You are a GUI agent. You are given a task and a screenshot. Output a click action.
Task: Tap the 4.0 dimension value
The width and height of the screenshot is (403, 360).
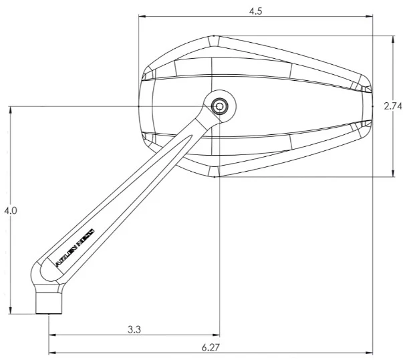(10, 210)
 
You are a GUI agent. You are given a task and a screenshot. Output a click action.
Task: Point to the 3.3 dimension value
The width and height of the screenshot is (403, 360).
(134, 329)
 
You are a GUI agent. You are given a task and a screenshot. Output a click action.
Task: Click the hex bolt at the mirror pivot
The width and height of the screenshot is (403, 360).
(219, 106)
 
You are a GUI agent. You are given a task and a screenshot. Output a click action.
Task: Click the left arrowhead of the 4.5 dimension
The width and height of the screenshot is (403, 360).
(141, 17)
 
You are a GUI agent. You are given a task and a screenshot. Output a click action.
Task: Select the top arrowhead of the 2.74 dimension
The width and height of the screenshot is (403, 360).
(393, 38)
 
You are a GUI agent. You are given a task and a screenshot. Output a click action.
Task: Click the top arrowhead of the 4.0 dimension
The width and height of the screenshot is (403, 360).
(11, 109)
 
